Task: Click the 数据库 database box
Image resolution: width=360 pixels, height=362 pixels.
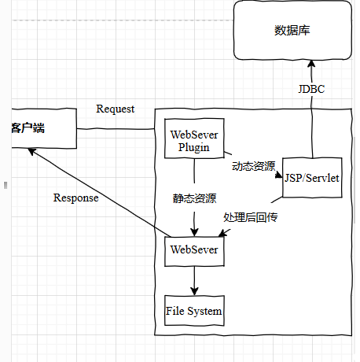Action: (292, 30)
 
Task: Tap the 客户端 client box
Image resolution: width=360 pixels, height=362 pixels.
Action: (44, 128)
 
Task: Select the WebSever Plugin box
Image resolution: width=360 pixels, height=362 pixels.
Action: (194, 139)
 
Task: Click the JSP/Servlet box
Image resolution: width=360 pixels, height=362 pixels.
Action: (312, 178)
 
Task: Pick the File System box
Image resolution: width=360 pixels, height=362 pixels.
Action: (194, 311)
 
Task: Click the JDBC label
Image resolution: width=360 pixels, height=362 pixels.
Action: (311, 89)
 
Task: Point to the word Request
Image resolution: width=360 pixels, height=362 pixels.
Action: (116, 109)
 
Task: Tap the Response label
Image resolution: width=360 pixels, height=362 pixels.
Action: (76, 198)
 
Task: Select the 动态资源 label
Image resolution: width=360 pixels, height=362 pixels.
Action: (254, 166)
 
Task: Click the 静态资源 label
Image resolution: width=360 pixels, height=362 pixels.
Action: (194, 198)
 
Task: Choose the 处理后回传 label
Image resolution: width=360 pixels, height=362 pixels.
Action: (251, 217)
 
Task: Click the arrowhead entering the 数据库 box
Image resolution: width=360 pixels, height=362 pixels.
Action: (311, 64)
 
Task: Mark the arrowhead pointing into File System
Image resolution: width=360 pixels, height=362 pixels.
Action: (194, 291)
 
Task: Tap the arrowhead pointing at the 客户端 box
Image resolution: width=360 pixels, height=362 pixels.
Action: (32, 151)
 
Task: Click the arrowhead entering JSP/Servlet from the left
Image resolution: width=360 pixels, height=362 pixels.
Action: (279, 175)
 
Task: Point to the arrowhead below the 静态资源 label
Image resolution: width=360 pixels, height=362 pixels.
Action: (194, 232)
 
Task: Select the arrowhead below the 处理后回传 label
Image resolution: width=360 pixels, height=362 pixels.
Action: (222, 233)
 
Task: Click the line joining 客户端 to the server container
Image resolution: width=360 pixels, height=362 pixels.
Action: (116, 128)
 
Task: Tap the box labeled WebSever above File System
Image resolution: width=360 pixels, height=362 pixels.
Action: (194, 251)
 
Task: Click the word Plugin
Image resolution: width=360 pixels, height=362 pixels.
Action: (194, 148)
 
